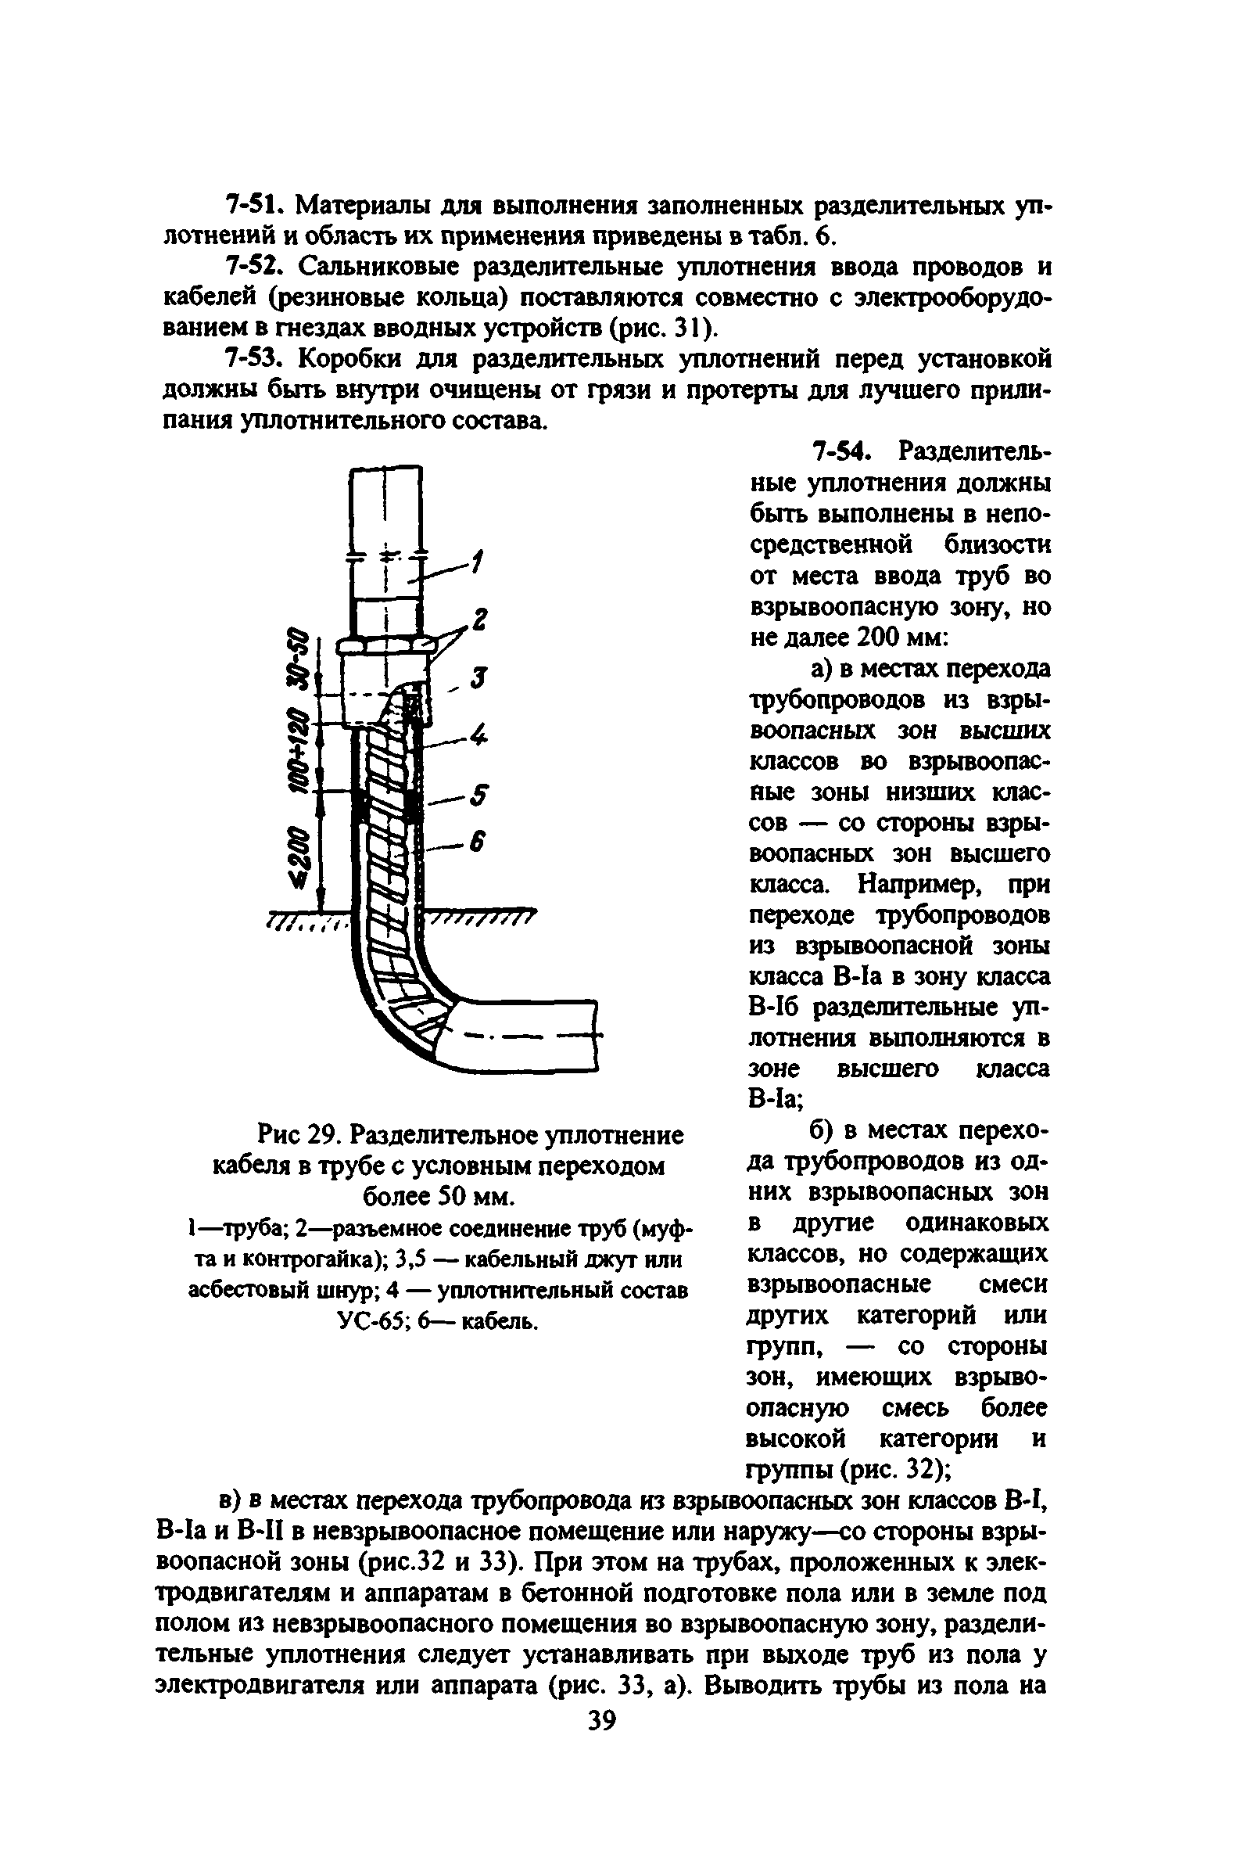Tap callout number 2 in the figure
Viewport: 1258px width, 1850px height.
click(x=479, y=620)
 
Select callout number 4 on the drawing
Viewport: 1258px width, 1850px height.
click(x=477, y=735)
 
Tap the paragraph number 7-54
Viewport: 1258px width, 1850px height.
click(x=842, y=452)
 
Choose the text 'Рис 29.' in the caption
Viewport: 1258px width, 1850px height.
click(x=296, y=1135)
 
